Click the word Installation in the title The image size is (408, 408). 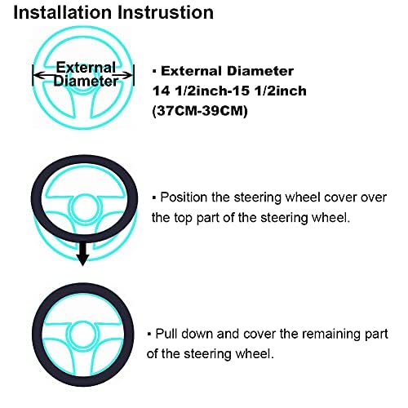coord(64,13)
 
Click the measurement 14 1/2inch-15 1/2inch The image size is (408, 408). coord(229,91)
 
